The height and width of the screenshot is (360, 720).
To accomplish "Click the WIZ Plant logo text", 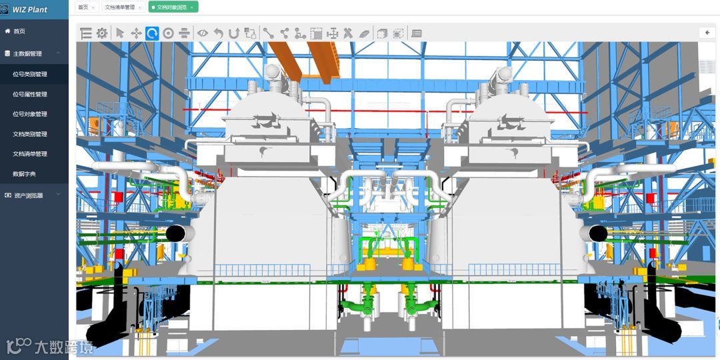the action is pyautogui.click(x=30, y=9).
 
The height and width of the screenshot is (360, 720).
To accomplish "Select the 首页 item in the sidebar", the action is pyautogui.click(x=19, y=31).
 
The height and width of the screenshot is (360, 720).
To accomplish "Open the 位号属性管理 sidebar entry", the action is pyautogui.click(x=30, y=94).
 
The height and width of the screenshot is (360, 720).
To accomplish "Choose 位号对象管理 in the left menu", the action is pyautogui.click(x=30, y=114).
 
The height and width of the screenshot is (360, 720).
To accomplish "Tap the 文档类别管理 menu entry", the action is pyautogui.click(x=30, y=134).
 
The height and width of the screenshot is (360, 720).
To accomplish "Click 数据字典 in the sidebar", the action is pyautogui.click(x=25, y=174).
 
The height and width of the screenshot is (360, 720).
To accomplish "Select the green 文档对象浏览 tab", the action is pyautogui.click(x=173, y=7).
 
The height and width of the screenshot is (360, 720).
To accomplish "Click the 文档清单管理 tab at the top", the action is pyautogui.click(x=123, y=7).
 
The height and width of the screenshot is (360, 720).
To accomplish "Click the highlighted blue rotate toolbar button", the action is pyautogui.click(x=152, y=33).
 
